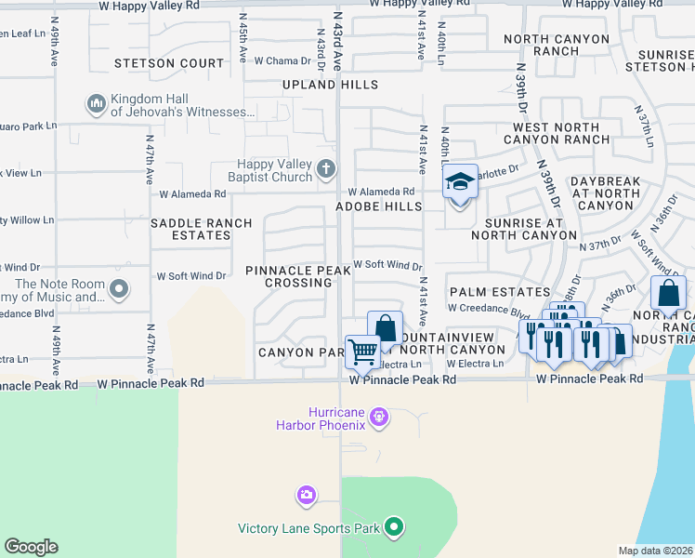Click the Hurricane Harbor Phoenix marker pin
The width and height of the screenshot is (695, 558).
point(377,415)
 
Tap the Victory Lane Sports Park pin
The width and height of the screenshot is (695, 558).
point(394,528)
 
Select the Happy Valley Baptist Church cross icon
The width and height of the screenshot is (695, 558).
point(325,168)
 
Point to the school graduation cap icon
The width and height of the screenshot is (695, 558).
point(460,181)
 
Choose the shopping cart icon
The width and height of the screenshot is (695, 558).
point(362,351)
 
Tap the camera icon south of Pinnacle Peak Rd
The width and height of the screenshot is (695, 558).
point(306,494)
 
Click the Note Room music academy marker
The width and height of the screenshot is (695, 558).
point(118,289)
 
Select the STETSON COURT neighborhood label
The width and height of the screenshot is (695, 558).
point(169,64)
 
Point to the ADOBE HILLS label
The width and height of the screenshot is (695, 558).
point(379,206)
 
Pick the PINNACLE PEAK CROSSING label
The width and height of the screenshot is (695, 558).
point(298,276)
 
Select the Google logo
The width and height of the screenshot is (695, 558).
point(31,547)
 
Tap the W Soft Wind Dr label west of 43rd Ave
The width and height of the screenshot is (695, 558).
point(191,276)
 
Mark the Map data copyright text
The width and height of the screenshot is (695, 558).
point(655,551)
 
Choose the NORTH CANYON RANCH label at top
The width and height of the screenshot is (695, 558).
point(557,46)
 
